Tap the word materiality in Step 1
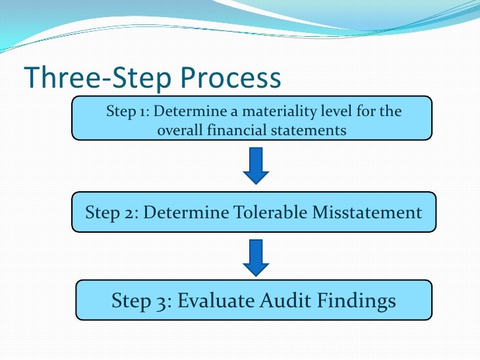pyautogui.click(x=279, y=111)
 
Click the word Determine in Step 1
pyautogui.click(x=183, y=111)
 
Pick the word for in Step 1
pyautogui.click(x=364, y=111)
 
